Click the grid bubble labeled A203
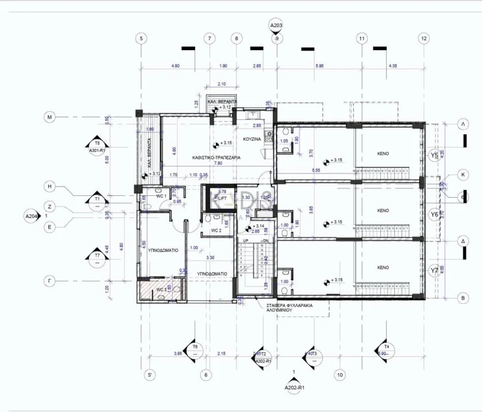pos(276,26)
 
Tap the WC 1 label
pos(161,196)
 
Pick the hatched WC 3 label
pos(161,290)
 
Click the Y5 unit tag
pos(434,155)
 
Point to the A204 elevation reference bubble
pos(31,216)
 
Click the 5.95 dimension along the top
pos(319,66)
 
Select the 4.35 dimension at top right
pos(393,66)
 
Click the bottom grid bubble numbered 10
pos(340,375)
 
